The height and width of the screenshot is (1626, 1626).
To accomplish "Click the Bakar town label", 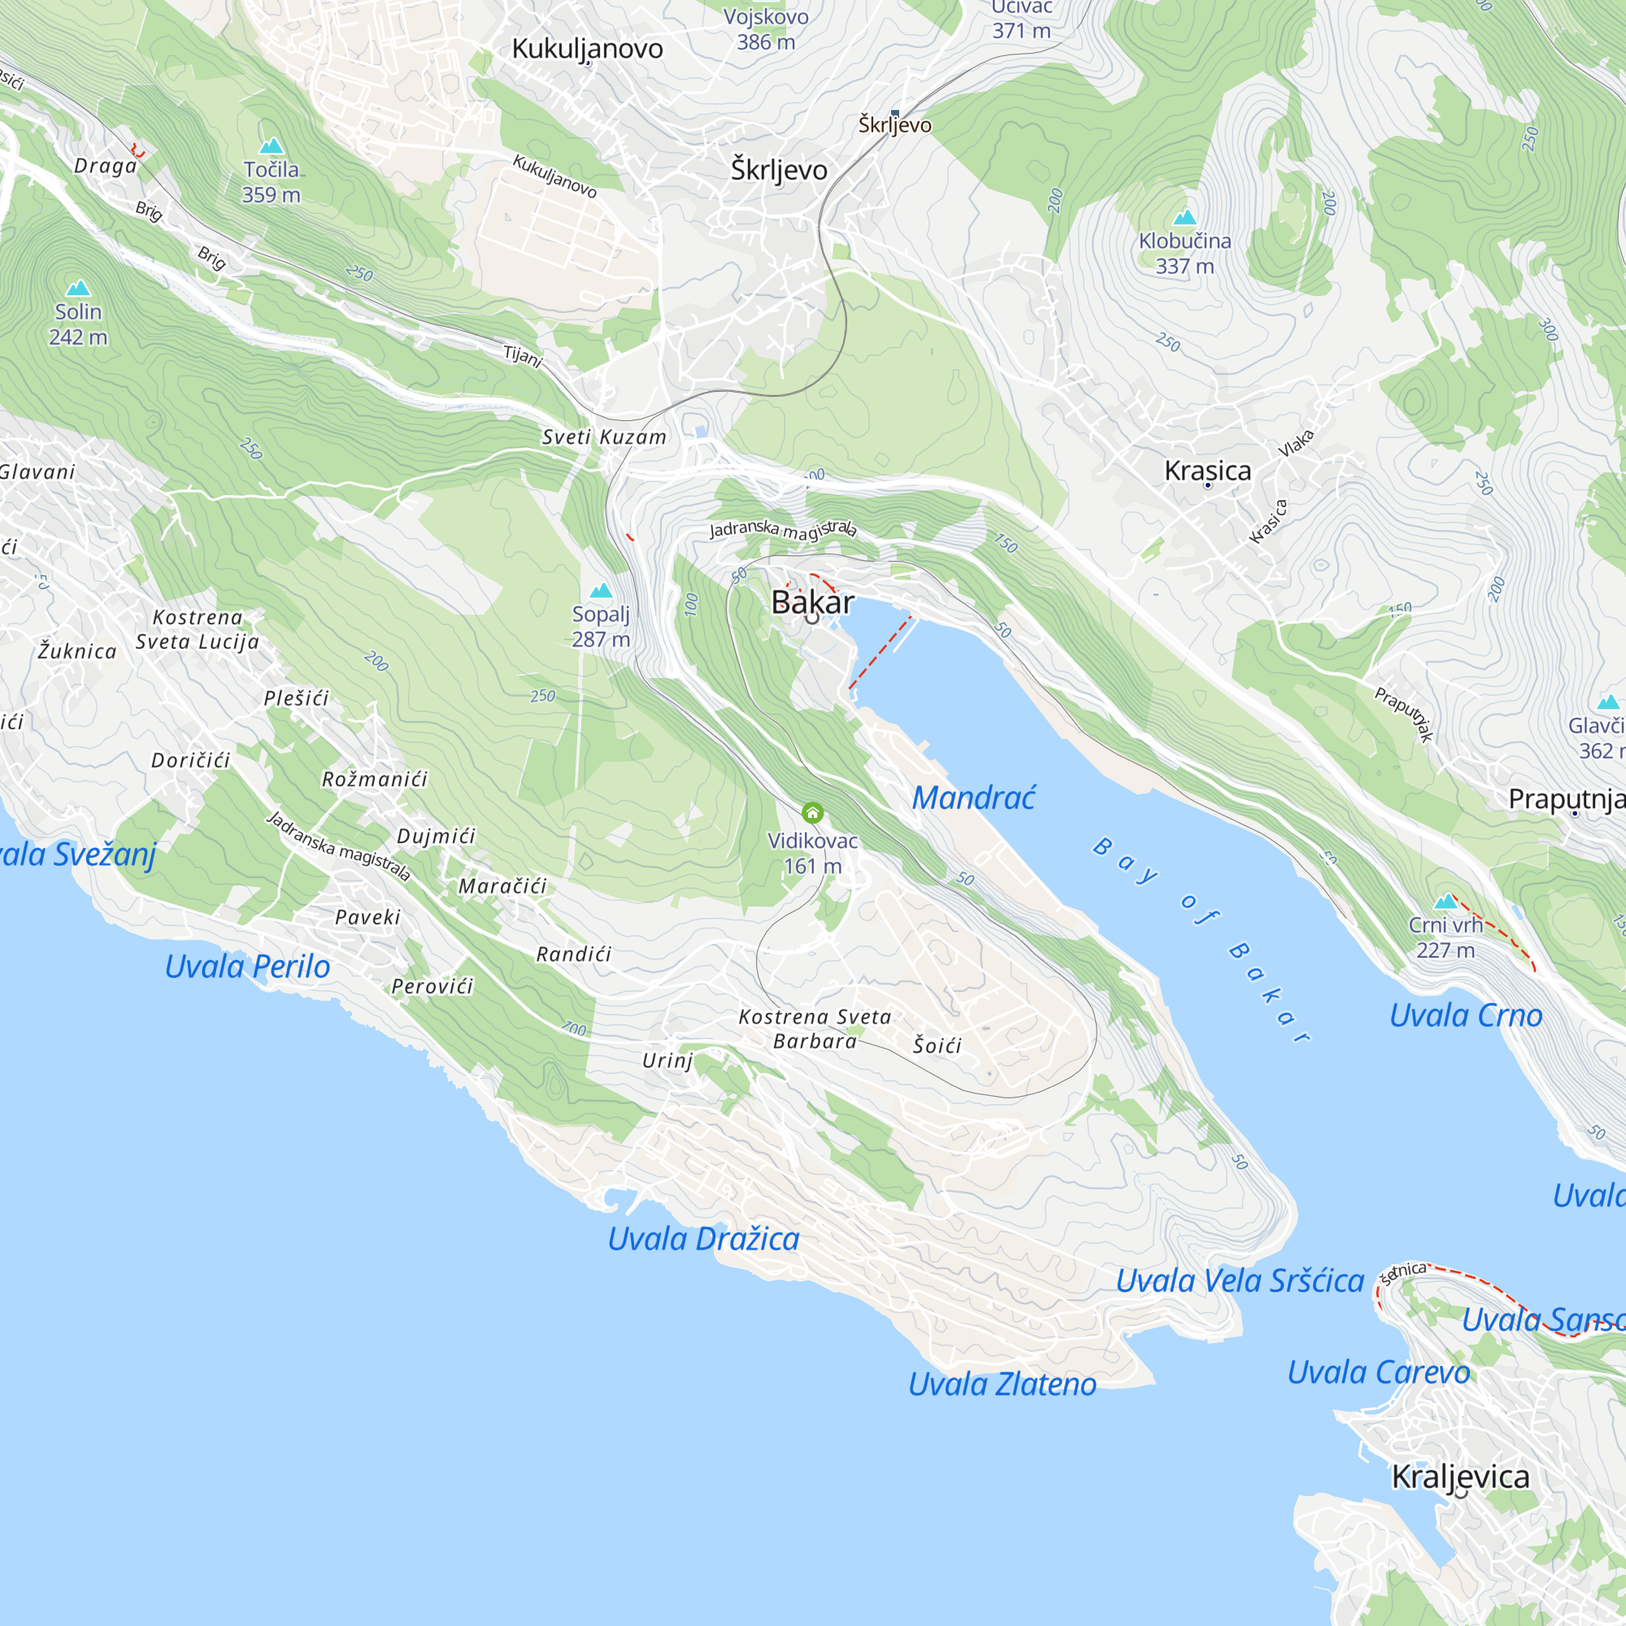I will pyautogui.click(x=812, y=602).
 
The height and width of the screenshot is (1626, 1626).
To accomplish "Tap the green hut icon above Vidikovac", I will pyautogui.click(x=812, y=813).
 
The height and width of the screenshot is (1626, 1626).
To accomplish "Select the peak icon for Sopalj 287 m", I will pyautogui.click(x=601, y=591).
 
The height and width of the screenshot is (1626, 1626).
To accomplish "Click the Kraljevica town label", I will pyautogui.click(x=1460, y=1476).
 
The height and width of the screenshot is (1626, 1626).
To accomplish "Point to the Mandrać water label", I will pyautogui.click(x=974, y=798).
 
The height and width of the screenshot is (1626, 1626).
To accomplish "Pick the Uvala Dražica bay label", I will pyautogui.click(x=703, y=1239).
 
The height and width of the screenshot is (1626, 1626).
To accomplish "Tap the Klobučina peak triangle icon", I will pyautogui.click(x=1185, y=218).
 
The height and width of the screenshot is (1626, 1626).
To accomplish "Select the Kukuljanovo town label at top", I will pyautogui.click(x=588, y=49).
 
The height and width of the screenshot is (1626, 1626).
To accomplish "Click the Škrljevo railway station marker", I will pyautogui.click(x=894, y=113).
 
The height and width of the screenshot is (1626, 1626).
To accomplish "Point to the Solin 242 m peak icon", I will pyautogui.click(x=77, y=289).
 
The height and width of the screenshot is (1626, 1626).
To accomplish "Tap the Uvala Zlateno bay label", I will pyautogui.click(x=1002, y=1384).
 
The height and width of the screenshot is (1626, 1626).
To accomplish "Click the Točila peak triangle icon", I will pyautogui.click(x=271, y=146).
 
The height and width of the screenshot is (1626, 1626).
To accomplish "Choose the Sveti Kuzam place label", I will pyautogui.click(x=604, y=437).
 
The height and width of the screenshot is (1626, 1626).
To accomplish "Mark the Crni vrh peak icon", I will pyautogui.click(x=1446, y=902).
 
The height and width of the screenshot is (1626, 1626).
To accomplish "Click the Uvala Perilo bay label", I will pyautogui.click(x=247, y=966).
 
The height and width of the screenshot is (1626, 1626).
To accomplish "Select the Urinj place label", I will pyautogui.click(x=667, y=1060).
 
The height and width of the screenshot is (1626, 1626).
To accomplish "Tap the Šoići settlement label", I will pyautogui.click(x=937, y=1046).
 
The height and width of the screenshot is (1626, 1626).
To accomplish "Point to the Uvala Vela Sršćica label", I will pyautogui.click(x=1240, y=1281).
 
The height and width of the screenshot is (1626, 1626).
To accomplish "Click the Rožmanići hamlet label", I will pyautogui.click(x=375, y=780).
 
